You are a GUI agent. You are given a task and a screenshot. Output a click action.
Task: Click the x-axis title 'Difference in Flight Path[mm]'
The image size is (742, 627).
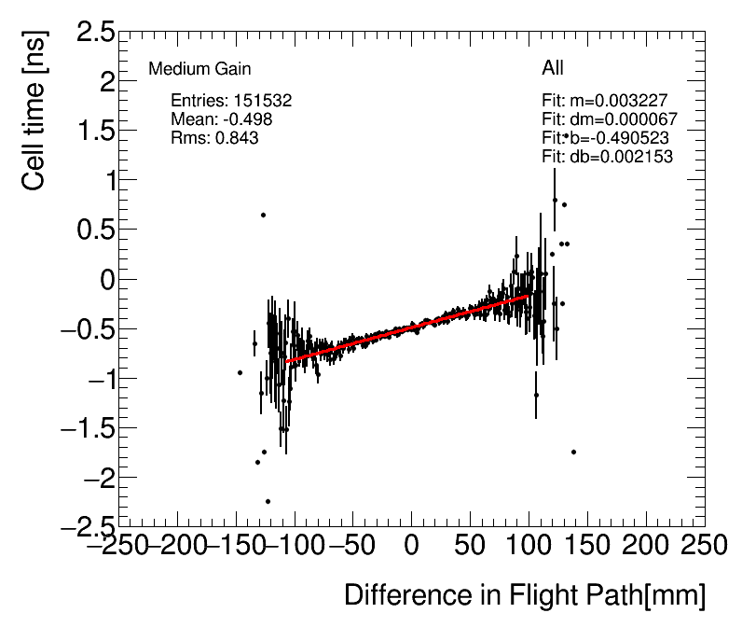[x=525, y=594]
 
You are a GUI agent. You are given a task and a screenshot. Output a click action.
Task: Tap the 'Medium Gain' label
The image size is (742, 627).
[x=199, y=69]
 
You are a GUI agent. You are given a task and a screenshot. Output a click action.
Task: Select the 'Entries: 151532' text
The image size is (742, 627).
[x=232, y=101]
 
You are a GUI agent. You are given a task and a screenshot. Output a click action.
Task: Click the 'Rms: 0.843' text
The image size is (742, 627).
[x=214, y=138]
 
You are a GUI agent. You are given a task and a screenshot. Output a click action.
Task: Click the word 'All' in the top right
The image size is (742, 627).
[x=553, y=68]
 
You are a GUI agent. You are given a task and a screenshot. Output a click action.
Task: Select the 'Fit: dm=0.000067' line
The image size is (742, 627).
[x=610, y=119]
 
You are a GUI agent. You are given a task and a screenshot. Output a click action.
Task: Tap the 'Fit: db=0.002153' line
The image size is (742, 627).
[x=607, y=157]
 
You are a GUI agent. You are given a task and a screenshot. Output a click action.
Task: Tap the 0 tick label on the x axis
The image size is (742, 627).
[x=412, y=545]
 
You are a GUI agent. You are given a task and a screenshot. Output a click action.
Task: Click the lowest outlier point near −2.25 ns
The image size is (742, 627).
[x=268, y=501]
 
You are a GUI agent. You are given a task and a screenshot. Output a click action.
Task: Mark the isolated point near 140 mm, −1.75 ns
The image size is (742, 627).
[x=573, y=452]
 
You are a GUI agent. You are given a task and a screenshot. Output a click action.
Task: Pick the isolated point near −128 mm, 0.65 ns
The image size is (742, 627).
[x=263, y=216]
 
